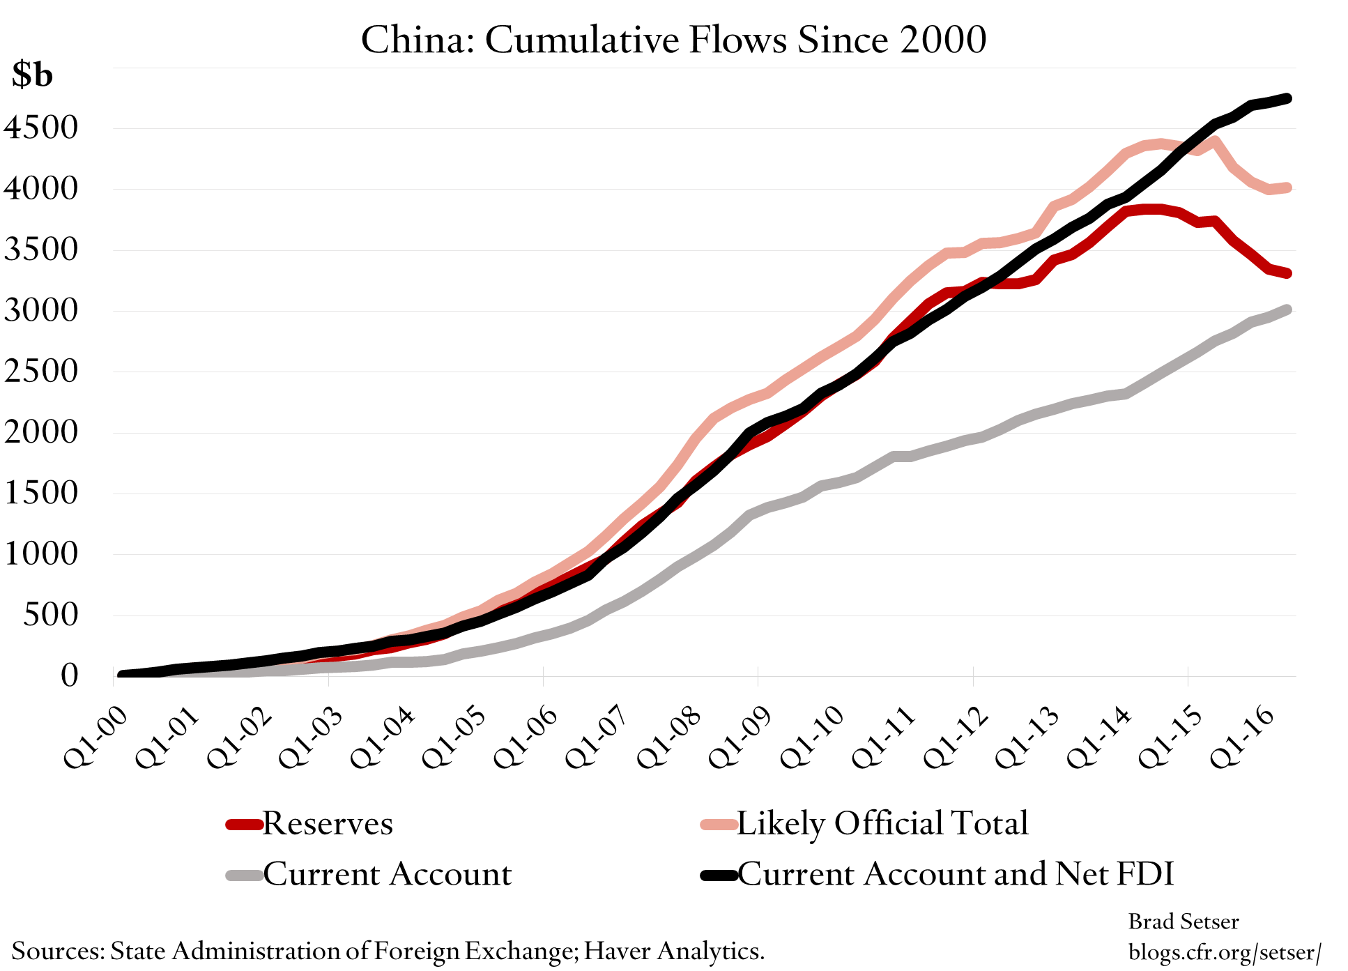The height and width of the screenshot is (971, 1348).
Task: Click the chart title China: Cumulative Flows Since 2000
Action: click(673, 40)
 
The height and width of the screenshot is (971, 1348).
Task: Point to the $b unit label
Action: click(32, 75)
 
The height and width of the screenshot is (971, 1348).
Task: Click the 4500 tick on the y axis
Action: click(40, 128)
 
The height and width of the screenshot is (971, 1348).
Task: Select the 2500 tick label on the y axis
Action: click(40, 372)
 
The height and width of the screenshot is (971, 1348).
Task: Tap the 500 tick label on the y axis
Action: click(50, 615)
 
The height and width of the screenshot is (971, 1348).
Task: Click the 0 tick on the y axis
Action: click(69, 675)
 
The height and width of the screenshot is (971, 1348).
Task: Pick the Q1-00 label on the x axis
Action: click(96, 737)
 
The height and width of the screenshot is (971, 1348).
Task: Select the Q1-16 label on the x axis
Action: click(1243, 737)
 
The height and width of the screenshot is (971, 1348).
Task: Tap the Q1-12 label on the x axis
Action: click(956, 737)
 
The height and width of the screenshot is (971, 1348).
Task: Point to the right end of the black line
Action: click(1287, 99)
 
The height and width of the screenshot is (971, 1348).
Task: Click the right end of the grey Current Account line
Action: click(1287, 309)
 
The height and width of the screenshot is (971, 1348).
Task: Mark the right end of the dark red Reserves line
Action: click(1287, 273)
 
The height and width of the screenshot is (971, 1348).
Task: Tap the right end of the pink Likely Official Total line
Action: click(1287, 188)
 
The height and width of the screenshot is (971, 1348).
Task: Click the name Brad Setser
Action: click(1183, 922)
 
